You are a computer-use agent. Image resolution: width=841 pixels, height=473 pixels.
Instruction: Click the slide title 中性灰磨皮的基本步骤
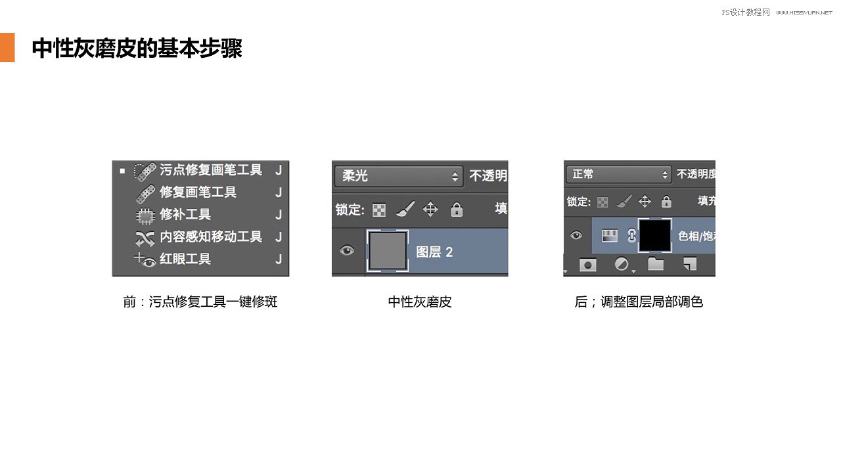pos(137,48)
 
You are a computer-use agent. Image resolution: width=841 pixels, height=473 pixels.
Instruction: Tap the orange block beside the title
pos(7,47)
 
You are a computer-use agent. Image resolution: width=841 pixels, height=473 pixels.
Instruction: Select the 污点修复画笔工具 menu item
pos(210,170)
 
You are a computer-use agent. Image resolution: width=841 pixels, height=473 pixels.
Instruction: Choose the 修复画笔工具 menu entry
pos(198,192)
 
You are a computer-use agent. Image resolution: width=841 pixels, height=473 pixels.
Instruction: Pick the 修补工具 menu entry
pos(185,215)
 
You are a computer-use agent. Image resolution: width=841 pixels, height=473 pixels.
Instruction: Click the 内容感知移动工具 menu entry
pos(210,236)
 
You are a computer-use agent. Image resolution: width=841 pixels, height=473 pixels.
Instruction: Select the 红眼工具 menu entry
pos(185,259)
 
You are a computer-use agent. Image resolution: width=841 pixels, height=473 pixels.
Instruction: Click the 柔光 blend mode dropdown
pos(398,176)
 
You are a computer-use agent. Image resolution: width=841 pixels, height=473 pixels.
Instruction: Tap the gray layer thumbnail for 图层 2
pos(388,250)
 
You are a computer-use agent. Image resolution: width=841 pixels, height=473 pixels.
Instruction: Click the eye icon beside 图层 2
pos(347,250)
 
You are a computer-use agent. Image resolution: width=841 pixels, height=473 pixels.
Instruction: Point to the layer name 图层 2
pos(434,252)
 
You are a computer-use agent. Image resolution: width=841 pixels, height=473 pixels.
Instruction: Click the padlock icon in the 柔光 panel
pos(457,210)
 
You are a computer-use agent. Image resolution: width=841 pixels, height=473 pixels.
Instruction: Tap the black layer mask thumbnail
pos(655,236)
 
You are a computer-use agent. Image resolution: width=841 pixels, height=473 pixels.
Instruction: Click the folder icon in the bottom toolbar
pos(656,264)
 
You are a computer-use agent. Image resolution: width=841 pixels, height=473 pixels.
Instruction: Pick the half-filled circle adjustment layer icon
pos(621,264)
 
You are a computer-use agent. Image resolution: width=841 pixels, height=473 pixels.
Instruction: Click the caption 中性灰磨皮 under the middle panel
pos(420,302)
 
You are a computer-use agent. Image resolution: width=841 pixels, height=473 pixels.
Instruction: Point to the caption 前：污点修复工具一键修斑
pos(200,302)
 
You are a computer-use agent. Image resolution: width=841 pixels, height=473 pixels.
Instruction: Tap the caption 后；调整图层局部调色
pos(639,302)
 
